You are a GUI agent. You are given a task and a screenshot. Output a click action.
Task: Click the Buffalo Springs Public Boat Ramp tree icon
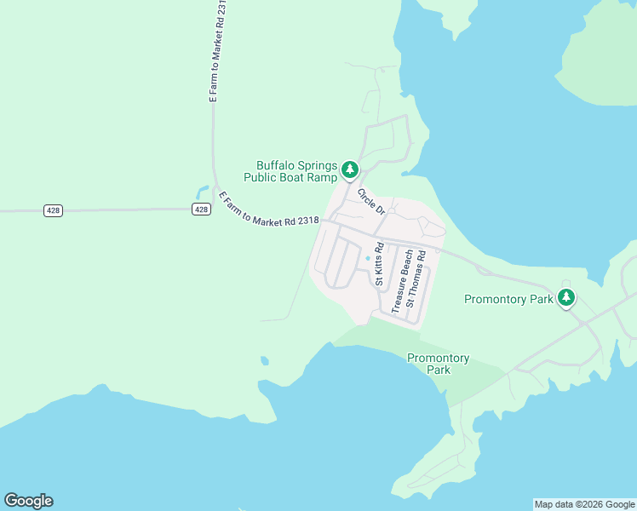tap(349, 170)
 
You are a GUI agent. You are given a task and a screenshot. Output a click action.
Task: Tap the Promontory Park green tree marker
tap(566, 298)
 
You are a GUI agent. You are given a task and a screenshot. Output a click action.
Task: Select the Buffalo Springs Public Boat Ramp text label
tap(296, 171)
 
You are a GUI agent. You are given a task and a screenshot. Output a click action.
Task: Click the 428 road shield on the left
tap(53, 210)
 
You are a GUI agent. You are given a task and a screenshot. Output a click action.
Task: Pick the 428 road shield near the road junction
tap(200, 209)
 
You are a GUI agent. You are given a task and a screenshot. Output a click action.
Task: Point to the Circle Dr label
tap(372, 202)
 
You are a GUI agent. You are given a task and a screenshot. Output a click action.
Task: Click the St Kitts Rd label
tap(380, 264)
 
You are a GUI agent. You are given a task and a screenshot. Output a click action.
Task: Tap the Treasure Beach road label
tap(402, 281)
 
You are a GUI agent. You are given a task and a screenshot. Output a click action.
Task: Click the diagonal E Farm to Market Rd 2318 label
tap(268, 210)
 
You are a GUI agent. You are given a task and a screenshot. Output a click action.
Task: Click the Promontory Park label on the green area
tap(438, 364)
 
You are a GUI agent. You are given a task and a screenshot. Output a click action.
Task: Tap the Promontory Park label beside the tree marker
tap(508, 299)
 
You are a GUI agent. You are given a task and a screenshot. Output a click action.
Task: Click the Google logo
tap(28, 501)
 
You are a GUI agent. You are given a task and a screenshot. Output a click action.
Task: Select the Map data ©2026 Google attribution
tap(584, 504)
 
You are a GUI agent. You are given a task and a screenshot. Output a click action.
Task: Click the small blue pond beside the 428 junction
tap(202, 191)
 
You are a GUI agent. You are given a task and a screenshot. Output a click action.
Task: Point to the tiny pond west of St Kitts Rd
tap(368, 259)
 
